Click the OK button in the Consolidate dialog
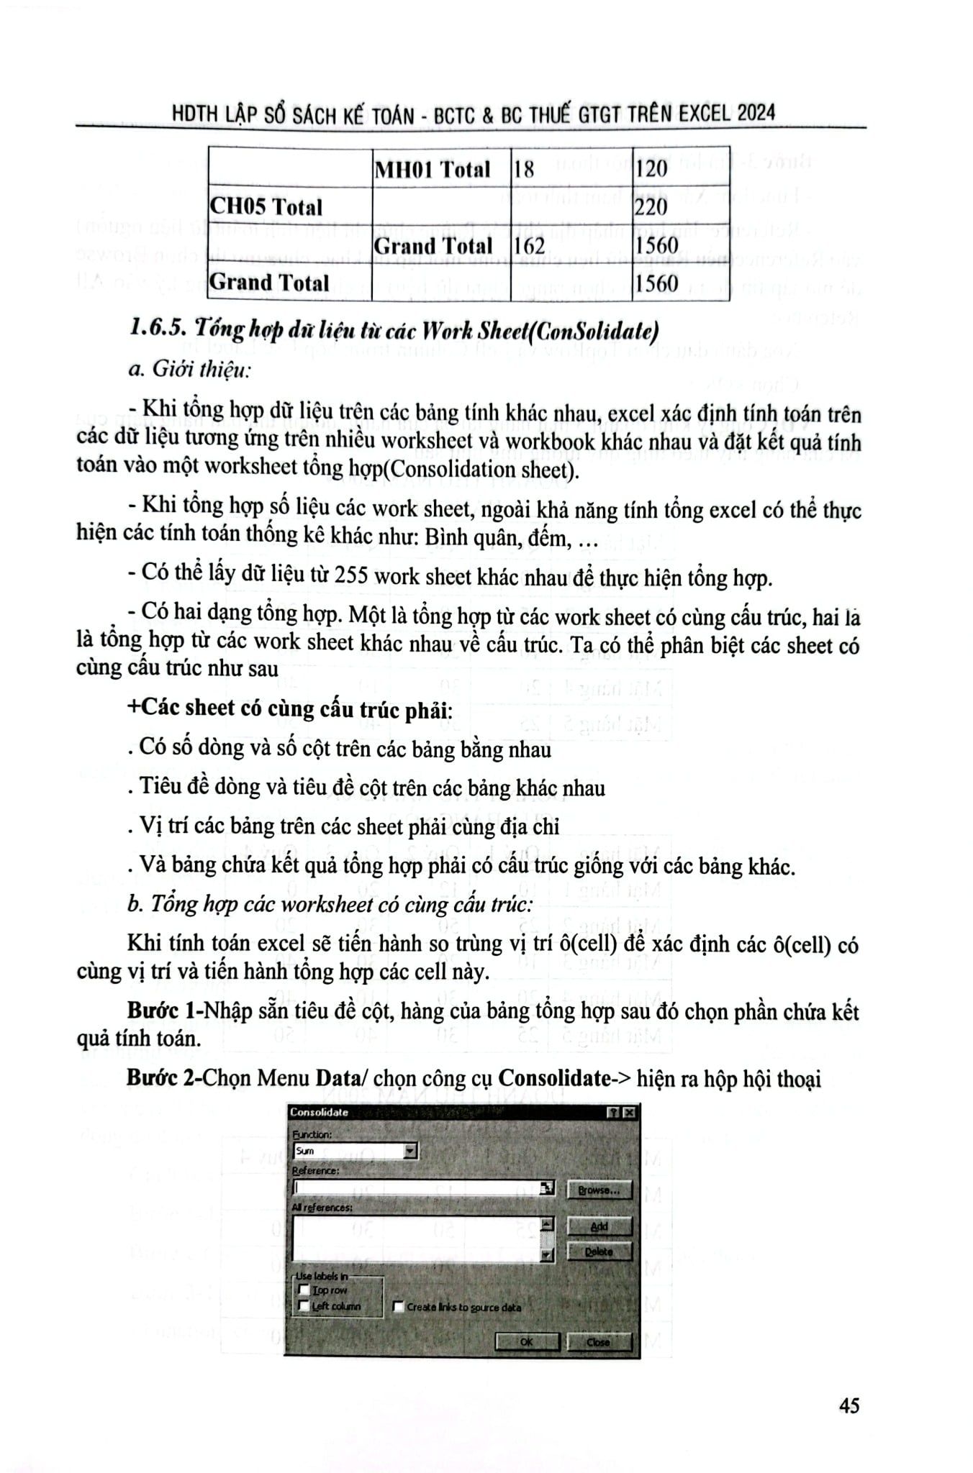526,1341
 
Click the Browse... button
599,1190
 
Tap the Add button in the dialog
599,1226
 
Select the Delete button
599,1251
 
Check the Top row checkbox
304,1290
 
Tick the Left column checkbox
304,1305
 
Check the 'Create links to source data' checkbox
399,1306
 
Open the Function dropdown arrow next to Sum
410,1151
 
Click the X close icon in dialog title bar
629,1113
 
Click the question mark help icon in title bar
614,1113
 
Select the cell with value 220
651,207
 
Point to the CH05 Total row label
266,207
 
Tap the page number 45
848,1405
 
